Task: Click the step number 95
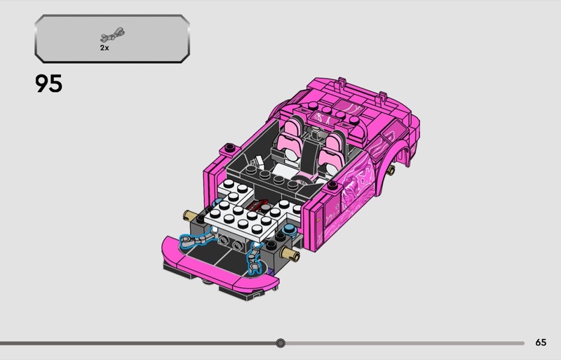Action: [48, 84]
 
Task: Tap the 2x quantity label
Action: [104, 48]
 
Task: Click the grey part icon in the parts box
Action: [112, 34]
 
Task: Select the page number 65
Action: [541, 342]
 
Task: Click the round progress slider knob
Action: [280, 343]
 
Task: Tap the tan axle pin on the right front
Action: [290, 254]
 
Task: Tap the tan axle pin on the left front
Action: [190, 215]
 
